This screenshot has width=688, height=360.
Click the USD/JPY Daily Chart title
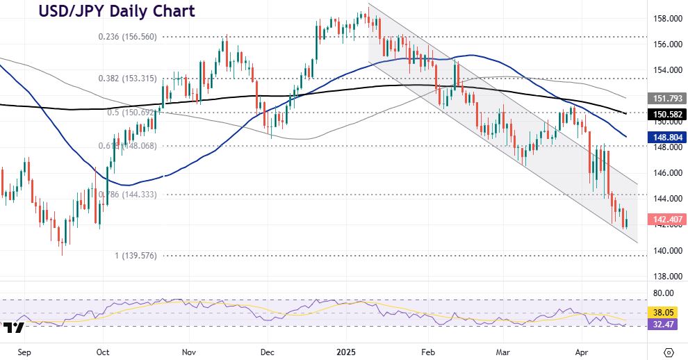pos(116,11)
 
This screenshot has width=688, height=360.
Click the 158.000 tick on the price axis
pos(664,19)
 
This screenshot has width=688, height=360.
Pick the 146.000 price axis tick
pos(664,173)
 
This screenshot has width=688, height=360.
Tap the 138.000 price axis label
pos(664,276)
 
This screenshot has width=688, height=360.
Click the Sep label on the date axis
pos(24,352)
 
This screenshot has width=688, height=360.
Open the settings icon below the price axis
pos(669,352)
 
